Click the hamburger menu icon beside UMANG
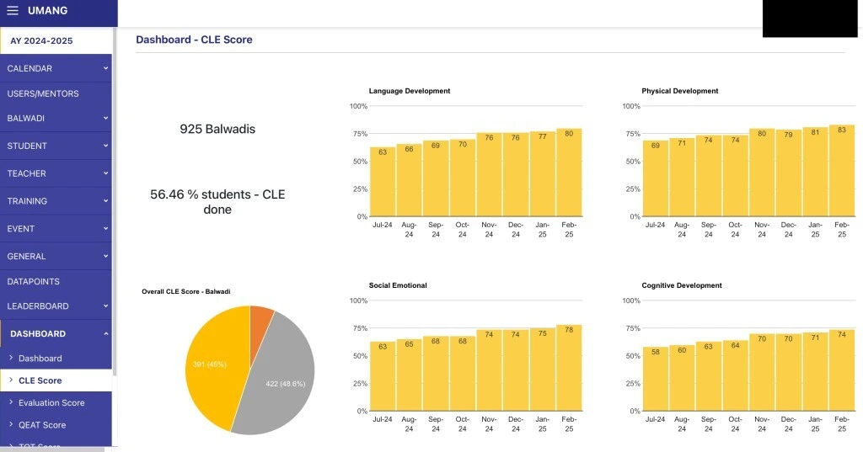(x=13, y=11)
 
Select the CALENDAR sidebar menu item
(x=29, y=68)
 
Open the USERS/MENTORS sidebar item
(x=43, y=93)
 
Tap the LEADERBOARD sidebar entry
(x=38, y=306)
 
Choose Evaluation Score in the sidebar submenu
(x=51, y=402)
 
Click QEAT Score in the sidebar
(x=42, y=425)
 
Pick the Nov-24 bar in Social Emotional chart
(x=489, y=370)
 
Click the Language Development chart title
(x=410, y=91)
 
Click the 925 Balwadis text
(x=217, y=130)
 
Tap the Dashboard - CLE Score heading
(x=194, y=40)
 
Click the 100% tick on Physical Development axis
(x=630, y=106)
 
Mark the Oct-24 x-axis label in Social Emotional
(x=462, y=423)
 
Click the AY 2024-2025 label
(x=41, y=40)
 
